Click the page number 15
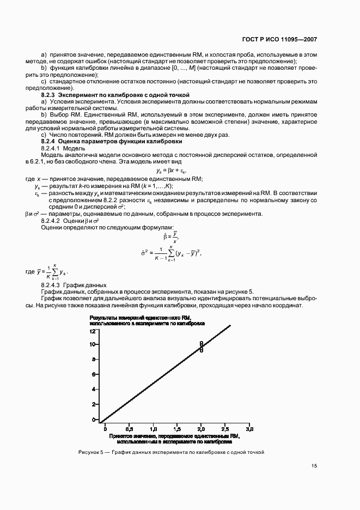pos(314,466)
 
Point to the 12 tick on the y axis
pos(93,331)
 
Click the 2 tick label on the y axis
pos(94,405)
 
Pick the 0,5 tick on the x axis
pos(129,429)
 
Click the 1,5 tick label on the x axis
pos(177,429)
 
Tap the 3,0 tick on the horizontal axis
pos(249,429)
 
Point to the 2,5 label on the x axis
pos(225,429)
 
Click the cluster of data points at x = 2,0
pos(201,347)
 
